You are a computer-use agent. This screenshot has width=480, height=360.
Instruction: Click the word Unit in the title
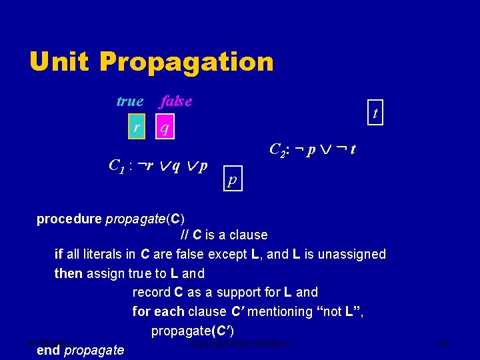click(x=59, y=62)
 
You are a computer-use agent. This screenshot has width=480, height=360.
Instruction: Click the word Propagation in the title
click(x=186, y=62)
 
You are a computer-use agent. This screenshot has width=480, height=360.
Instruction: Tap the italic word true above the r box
click(x=129, y=101)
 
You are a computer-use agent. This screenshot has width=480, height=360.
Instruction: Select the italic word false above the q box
click(x=176, y=101)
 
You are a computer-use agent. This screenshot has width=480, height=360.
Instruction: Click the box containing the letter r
click(x=137, y=125)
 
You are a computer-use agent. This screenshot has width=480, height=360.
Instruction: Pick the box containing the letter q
click(x=165, y=125)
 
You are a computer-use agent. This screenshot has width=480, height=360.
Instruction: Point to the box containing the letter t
click(x=375, y=113)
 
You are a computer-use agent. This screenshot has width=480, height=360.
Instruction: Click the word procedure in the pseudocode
click(x=69, y=219)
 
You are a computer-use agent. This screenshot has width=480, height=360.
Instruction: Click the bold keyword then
click(x=68, y=273)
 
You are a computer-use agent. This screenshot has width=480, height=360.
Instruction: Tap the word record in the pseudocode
click(x=151, y=292)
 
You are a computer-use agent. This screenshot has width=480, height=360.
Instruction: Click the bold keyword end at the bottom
click(x=48, y=350)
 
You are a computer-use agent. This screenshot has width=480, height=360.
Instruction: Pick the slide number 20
click(x=445, y=344)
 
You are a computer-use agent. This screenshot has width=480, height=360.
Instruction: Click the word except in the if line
click(x=228, y=254)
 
